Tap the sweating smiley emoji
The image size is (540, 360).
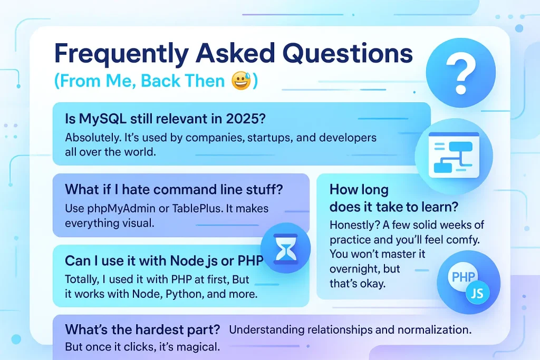point(242,81)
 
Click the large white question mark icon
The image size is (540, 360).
point(461,75)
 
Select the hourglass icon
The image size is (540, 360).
point(285,248)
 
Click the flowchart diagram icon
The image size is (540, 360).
point(454,155)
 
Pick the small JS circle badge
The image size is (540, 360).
point(477,293)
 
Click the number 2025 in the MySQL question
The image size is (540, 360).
point(246,119)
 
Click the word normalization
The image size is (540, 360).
point(435,330)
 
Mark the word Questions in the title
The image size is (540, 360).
point(348,54)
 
